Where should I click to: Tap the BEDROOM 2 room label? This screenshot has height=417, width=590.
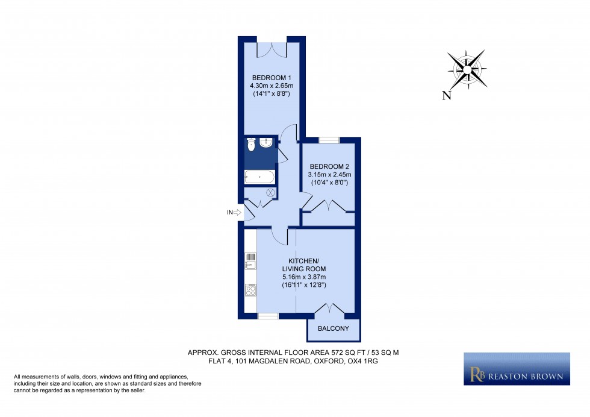(329, 166)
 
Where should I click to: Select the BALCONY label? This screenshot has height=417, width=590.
(334, 328)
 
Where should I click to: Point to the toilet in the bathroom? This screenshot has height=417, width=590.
(251, 145)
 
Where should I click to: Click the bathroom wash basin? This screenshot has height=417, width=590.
(267, 142)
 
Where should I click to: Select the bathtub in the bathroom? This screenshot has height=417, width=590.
(259, 177)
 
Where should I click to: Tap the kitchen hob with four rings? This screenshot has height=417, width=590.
(250, 290)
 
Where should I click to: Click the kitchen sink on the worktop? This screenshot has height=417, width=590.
(250, 260)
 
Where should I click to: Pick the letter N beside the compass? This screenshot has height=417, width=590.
(446, 95)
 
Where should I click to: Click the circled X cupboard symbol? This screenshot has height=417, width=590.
(270, 193)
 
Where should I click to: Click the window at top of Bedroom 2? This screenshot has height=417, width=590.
(329, 140)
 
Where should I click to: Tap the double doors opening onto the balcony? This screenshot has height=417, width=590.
(329, 309)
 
